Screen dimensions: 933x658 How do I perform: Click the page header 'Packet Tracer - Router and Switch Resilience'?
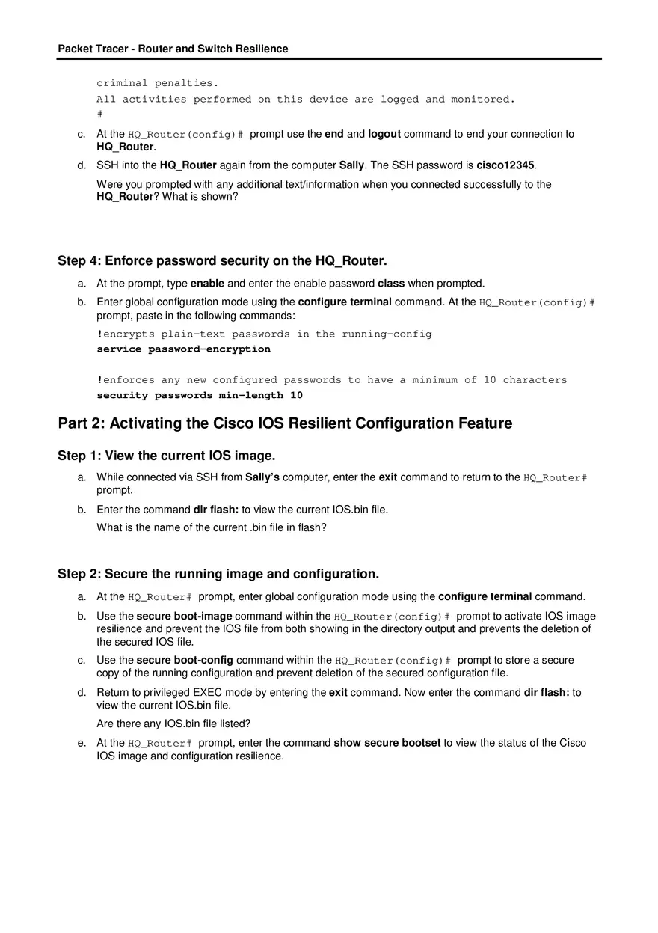[173, 49]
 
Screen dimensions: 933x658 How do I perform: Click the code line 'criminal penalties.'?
[157, 83]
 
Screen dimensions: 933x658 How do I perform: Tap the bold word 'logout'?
[384, 134]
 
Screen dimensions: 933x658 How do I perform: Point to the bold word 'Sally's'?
[262, 477]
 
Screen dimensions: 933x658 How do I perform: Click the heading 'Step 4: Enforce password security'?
[222, 261]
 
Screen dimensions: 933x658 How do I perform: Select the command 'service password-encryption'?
[184, 349]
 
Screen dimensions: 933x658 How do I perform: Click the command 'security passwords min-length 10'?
[200, 395]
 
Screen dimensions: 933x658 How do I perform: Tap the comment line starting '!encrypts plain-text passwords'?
[264, 334]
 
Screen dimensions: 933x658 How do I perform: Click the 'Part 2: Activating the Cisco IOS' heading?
[285, 423]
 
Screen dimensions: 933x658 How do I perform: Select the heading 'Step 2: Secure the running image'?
[218, 574]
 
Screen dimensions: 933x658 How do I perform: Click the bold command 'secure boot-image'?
[184, 617]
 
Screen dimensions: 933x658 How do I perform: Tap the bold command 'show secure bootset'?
[387, 743]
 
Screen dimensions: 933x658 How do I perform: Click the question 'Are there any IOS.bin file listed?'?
[173, 724]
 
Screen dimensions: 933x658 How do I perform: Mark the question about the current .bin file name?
[212, 527]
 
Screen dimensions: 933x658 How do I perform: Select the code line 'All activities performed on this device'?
[306, 99]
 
